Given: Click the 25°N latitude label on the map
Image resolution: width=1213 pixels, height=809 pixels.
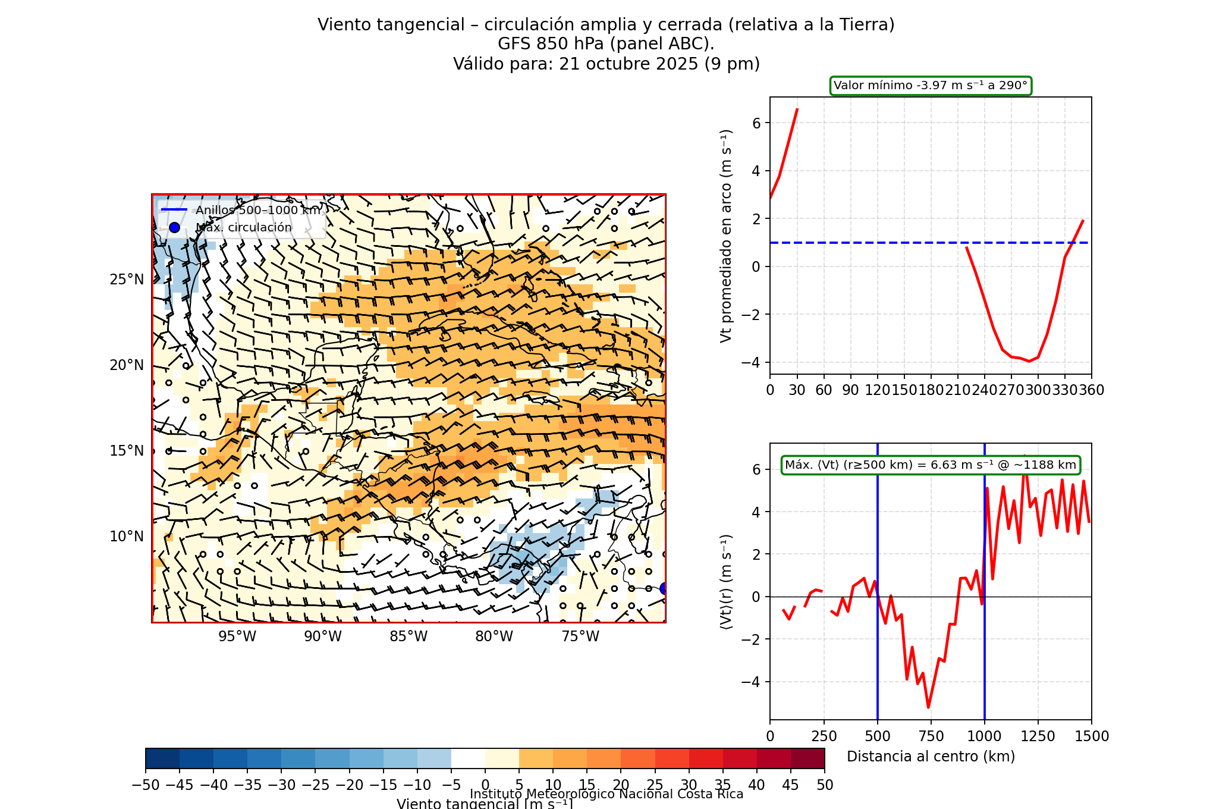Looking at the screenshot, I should click(x=126, y=280).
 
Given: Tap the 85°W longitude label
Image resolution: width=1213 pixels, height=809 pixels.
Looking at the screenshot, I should click(x=408, y=636).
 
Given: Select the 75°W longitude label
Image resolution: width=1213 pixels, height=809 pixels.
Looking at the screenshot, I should click(x=580, y=636).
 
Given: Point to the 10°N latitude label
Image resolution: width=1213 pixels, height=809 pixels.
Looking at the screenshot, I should click(x=126, y=537).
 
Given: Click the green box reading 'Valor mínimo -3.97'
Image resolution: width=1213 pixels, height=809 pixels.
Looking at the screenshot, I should click(x=931, y=86).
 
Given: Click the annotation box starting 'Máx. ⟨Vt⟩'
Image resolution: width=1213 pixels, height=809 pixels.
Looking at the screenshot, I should click(x=931, y=465).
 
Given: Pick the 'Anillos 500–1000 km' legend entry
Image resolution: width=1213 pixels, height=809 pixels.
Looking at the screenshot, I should click(x=258, y=210).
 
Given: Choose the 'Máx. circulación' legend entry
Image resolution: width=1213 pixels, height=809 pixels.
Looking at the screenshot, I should click(x=244, y=227).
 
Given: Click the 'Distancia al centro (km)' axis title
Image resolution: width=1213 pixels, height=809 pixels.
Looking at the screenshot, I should click(x=931, y=757).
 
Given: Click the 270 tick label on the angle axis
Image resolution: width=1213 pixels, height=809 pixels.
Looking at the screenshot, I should click(x=1011, y=390).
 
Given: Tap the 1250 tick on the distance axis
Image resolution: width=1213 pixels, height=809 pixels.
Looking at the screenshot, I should click(x=1038, y=736).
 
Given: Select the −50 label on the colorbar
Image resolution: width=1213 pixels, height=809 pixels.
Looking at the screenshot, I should click(x=146, y=785).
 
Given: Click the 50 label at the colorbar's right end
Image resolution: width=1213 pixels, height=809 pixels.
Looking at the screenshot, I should click(x=825, y=785).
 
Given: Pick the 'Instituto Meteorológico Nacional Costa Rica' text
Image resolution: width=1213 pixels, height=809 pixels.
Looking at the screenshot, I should click(x=606, y=794).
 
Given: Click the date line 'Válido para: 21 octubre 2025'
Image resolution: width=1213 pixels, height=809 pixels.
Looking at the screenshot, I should click(x=606, y=64).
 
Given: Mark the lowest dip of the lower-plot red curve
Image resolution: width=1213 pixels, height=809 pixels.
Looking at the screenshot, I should click(x=928, y=707).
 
